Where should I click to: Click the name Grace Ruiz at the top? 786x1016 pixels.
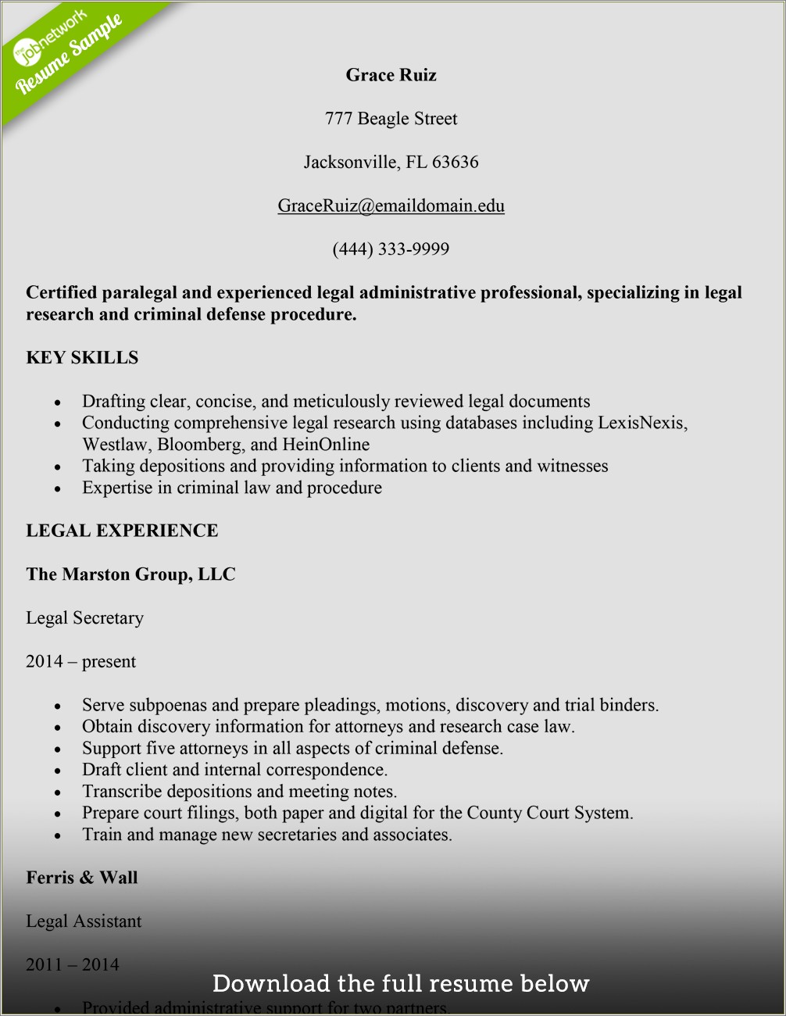click(x=391, y=75)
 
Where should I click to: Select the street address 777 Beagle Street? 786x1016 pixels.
click(x=391, y=119)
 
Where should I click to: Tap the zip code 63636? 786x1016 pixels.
click(x=456, y=163)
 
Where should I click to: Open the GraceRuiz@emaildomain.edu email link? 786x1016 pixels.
click(x=391, y=206)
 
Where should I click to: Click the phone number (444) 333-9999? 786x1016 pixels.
click(x=391, y=249)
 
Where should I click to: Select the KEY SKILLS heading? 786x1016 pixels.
click(x=82, y=358)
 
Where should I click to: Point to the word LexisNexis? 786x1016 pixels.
click(x=641, y=423)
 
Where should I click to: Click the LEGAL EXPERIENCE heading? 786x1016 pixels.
click(x=122, y=531)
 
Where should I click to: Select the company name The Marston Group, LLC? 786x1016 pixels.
click(x=130, y=574)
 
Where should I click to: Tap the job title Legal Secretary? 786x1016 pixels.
click(x=84, y=618)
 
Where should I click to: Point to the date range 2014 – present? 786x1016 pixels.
click(x=80, y=662)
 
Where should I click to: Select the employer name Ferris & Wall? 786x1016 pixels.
click(x=82, y=878)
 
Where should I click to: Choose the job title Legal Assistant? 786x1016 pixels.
click(x=84, y=921)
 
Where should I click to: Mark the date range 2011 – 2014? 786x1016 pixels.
click(x=72, y=965)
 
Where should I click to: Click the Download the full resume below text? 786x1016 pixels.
click(x=401, y=983)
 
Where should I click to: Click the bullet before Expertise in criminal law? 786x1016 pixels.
click(x=58, y=489)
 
